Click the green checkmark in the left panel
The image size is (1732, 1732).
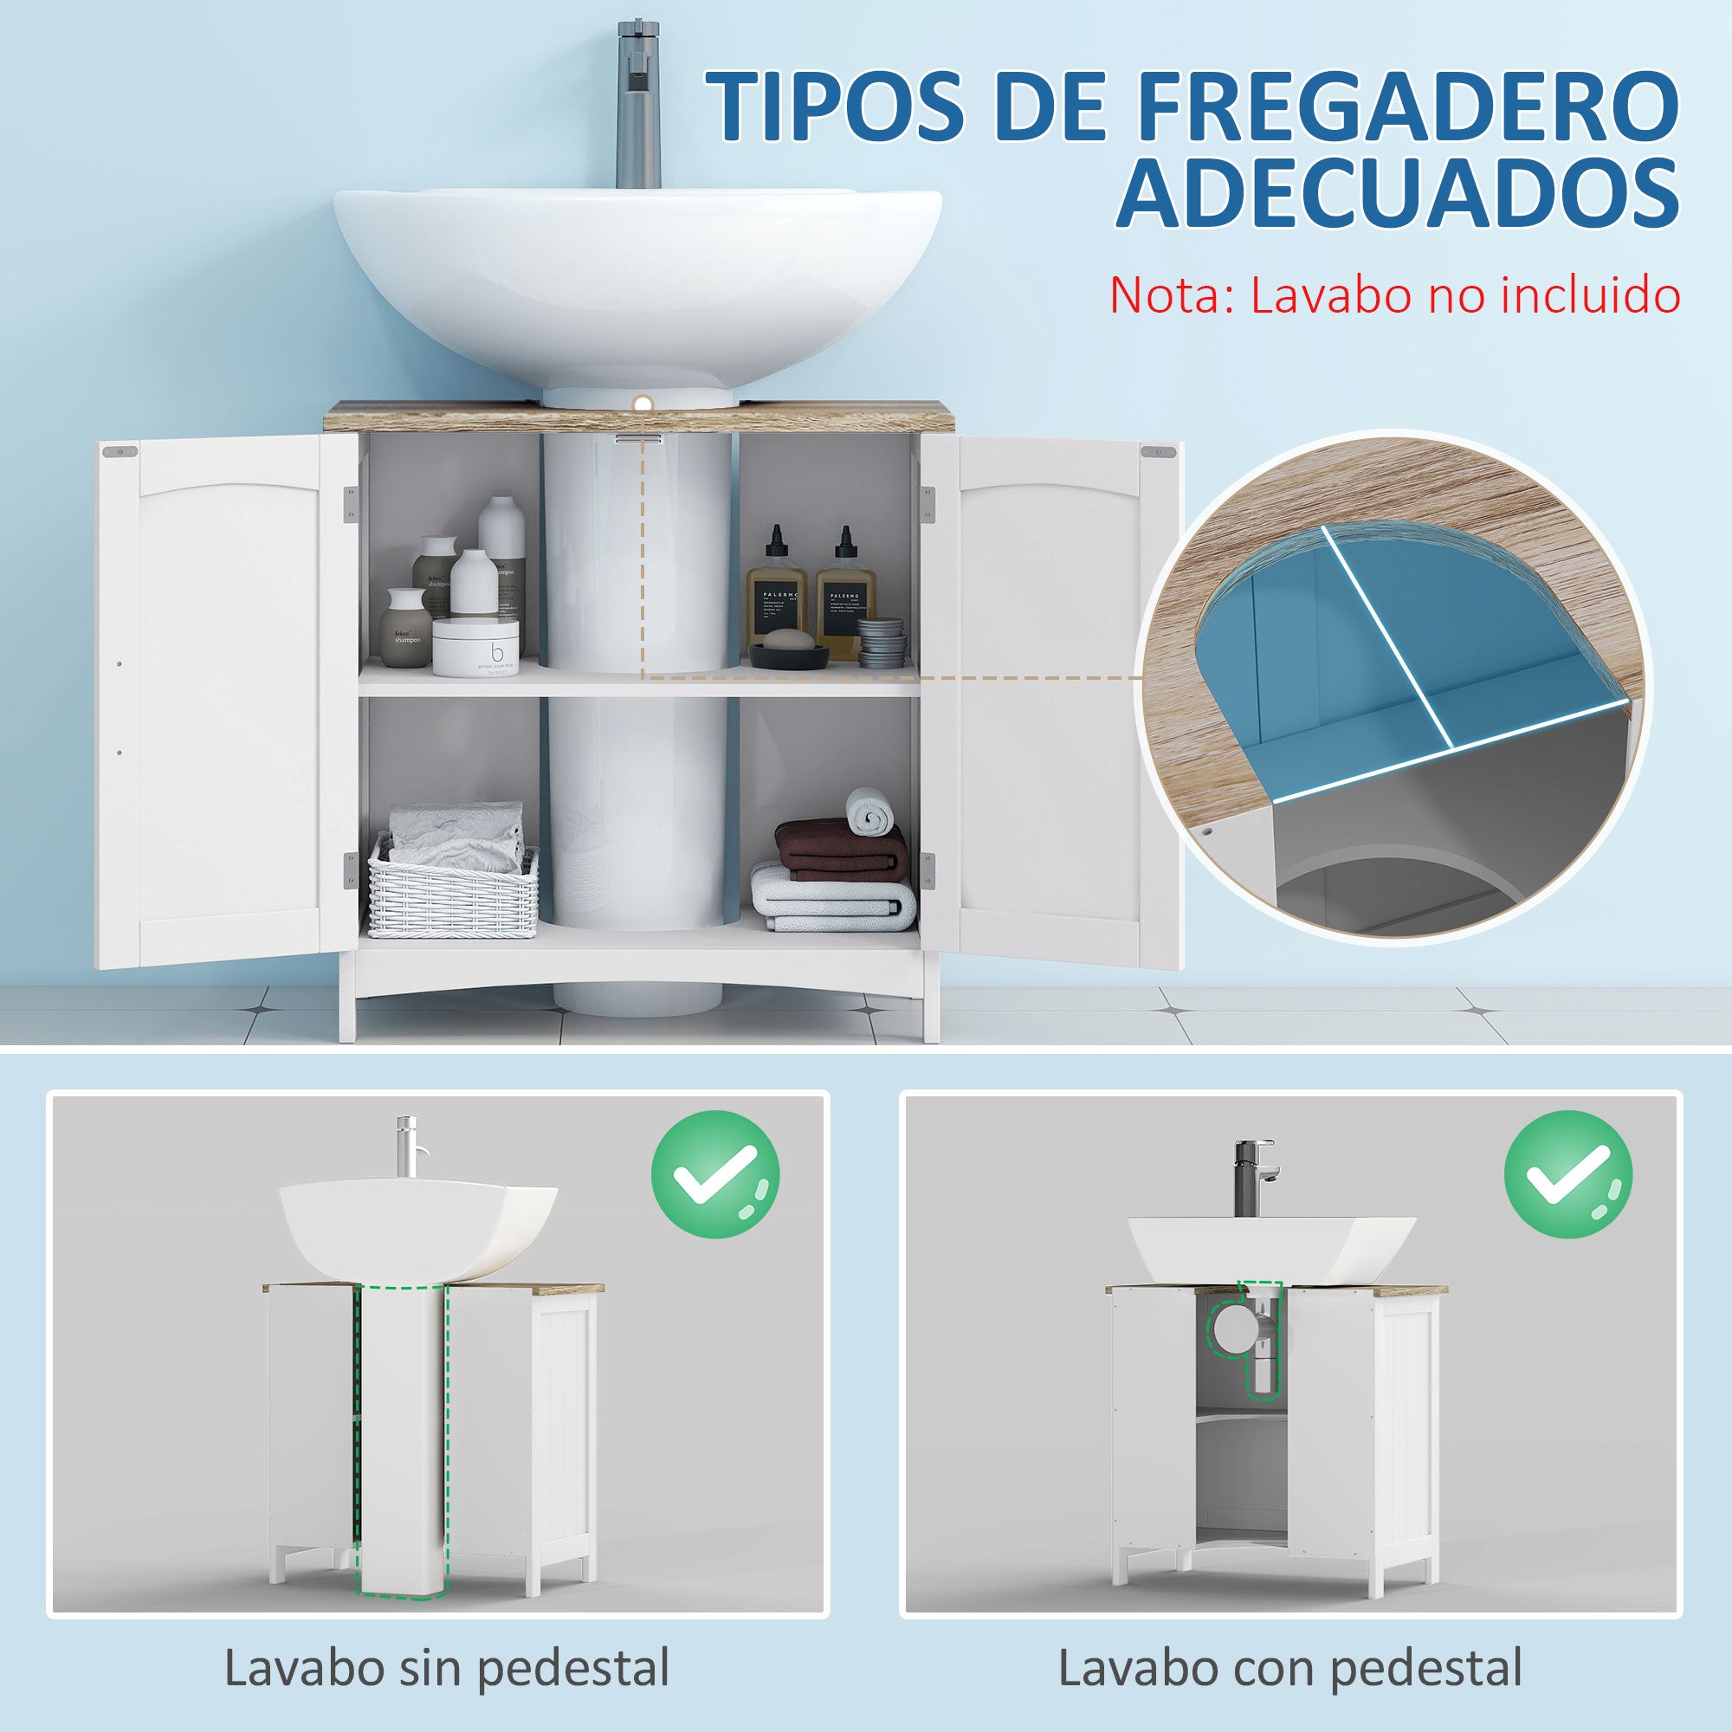pos(714,1174)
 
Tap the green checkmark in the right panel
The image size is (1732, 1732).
pos(1568,1174)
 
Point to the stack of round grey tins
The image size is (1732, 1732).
pos(882,642)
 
